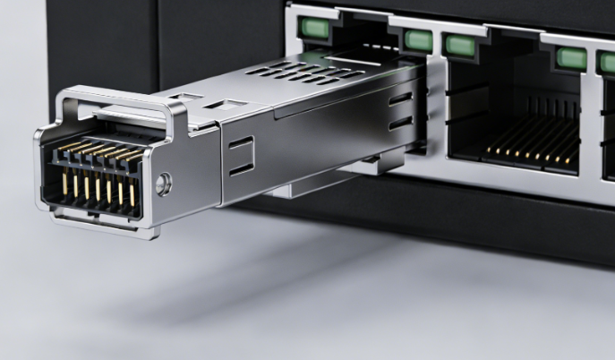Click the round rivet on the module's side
(162, 185)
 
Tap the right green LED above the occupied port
(416, 39)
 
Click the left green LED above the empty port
(459, 45)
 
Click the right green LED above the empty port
(570, 59)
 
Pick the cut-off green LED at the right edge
(608, 64)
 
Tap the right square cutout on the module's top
(218, 105)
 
